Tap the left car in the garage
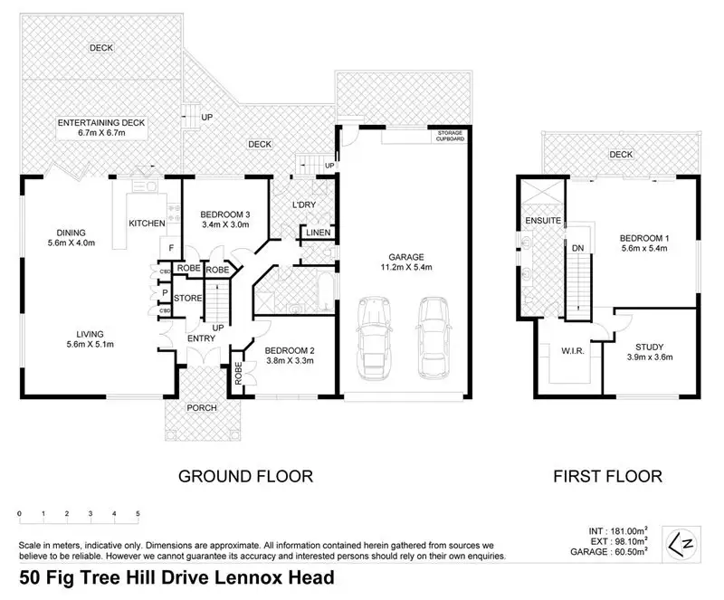[x=374, y=338]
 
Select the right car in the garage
[x=433, y=338]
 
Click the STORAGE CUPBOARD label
[x=450, y=136]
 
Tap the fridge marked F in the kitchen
[x=171, y=248]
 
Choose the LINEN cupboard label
[x=319, y=233]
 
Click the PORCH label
[x=202, y=408]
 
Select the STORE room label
[x=187, y=298]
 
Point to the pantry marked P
[x=165, y=293]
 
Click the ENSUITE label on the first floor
[x=543, y=221]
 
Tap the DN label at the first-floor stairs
[x=578, y=248]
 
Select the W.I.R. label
[x=573, y=351]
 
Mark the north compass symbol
[x=681, y=544]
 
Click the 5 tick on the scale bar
[x=138, y=514]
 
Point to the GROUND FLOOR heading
[x=245, y=476]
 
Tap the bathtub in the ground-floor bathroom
[x=326, y=292]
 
